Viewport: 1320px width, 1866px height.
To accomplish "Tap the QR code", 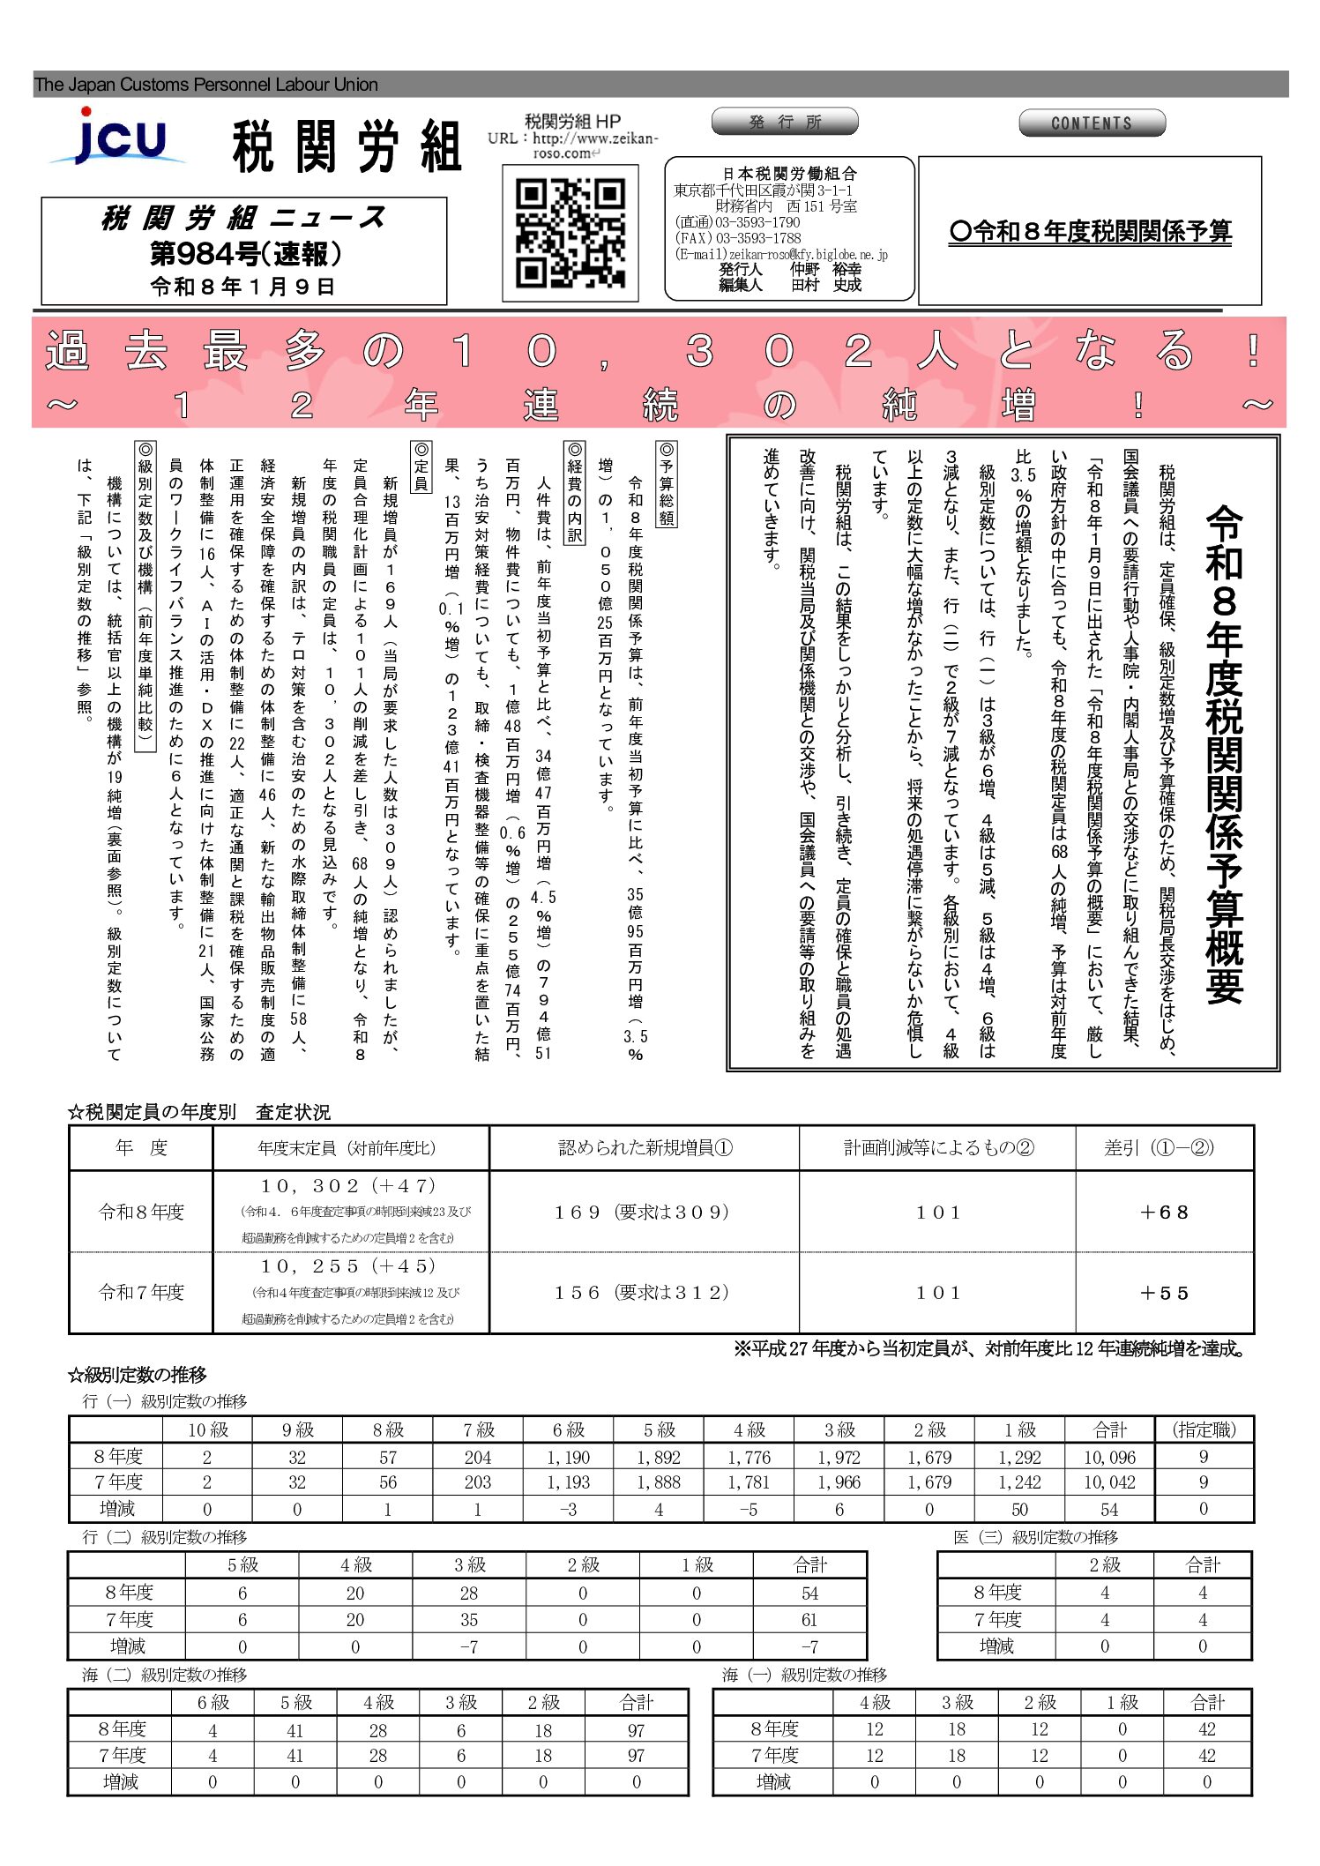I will pyautogui.click(x=570, y=233).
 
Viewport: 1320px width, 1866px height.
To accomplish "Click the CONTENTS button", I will pyautogui.click(x=1091, y=123).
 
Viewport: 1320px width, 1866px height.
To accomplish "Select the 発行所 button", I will pyautogui.click(x=784, y=122).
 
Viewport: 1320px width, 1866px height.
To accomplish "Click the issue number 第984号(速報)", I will pyautogui.click(x=245, y=254).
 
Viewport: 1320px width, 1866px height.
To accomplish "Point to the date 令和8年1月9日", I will pyautogui.click(x=242, y=287).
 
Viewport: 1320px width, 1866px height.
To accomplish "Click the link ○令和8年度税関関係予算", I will pyautogui.click(x=1090, y=232).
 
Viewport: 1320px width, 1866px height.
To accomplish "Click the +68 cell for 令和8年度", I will pyautogui.click(x=1164, y=1213).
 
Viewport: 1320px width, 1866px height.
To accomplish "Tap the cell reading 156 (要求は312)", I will pyautogui.click(x=642, y=1293).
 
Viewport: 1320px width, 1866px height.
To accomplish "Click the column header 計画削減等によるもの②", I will pyautogui.click(x=937, y=1148).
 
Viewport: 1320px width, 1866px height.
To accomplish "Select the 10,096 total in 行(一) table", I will pyautogui.click(x=1109, y=1458).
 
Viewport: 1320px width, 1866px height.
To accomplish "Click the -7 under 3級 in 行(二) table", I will pyautogui.click(x=468, y=1646).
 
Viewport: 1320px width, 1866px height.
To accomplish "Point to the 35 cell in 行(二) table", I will pyautogui.click(x=468, y=1620).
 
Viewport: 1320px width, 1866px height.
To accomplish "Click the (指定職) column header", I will pyautogui.click(x=1204, y=1430).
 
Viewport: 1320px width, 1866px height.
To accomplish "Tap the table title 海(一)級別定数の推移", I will pyautogui.click(x=804, y=1675).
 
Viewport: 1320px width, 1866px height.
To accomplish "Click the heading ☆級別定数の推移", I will pyautogui.click(x=138, y=1375).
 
